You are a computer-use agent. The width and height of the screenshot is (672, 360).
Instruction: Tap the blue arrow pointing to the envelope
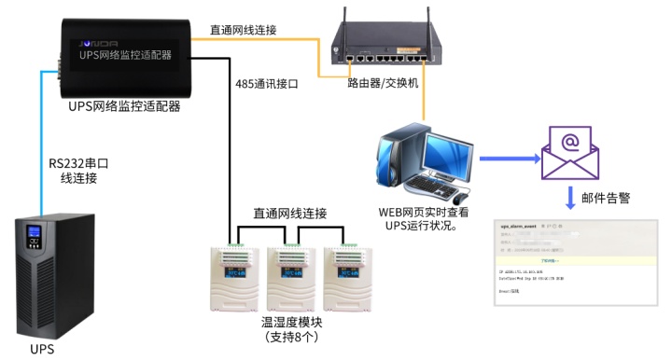pos(510,159)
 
